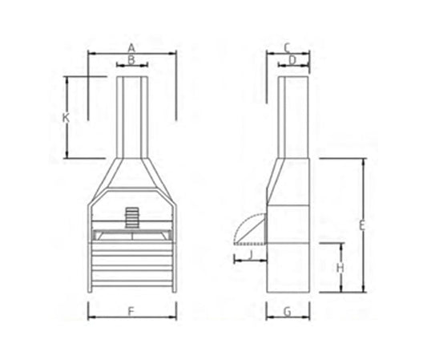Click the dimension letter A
tap(132, 48)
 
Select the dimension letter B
tap(131, 59)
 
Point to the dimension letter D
tap(293, 59)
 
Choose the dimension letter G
tap(287, 311)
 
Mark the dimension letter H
tap(340, 267)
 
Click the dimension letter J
tap(250, 255)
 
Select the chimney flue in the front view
tap(132, 116)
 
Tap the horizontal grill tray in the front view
tap(132, 234)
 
